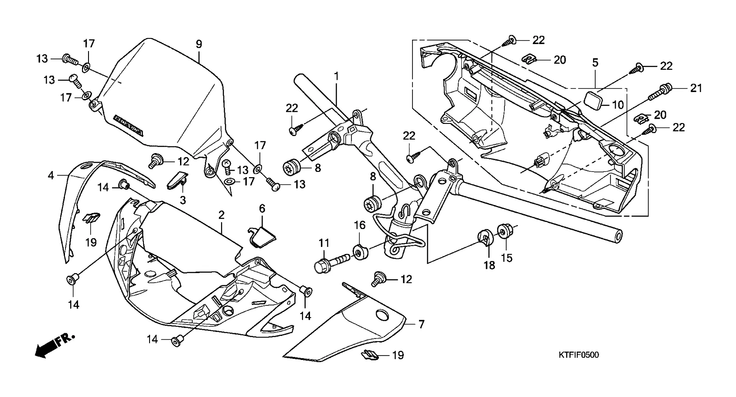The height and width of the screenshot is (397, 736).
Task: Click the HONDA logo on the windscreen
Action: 129,125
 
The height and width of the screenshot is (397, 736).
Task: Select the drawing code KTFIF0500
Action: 579,355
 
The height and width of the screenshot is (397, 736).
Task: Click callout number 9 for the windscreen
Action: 199,44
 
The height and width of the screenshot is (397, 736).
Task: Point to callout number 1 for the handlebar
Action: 336,76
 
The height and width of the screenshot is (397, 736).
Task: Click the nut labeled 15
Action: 504,232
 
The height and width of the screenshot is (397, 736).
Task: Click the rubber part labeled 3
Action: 177,179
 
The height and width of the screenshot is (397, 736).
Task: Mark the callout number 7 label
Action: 421,324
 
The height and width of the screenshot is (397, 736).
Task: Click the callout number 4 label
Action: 51,176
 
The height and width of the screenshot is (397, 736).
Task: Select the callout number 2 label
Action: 221,215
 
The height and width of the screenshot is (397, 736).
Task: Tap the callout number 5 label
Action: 595,62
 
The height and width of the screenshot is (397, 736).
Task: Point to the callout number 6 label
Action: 262,209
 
